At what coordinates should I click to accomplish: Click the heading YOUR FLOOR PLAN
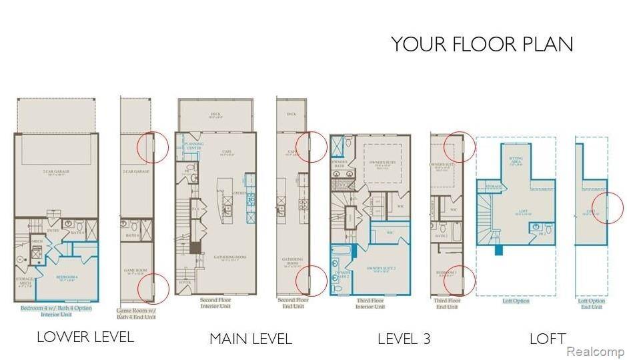click(482, 44)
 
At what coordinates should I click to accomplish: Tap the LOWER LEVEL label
click(85, 337)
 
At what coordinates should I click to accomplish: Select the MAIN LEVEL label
click(251, 339)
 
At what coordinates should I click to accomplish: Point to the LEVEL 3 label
click(404, 339)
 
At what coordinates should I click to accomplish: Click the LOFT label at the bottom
click(548, 339)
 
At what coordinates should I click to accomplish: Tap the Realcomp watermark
click(594, 351)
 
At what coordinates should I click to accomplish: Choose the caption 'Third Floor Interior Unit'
click(370, 303)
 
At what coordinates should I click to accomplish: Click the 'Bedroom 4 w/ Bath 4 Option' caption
click(56, 311)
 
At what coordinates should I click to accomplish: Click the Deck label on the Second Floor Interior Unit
click(215, 114)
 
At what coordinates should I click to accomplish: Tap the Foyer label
click(185, 282)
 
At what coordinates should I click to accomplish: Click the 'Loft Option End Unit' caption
click(592, 303)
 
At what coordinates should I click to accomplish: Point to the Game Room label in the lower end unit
click(134, 271)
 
